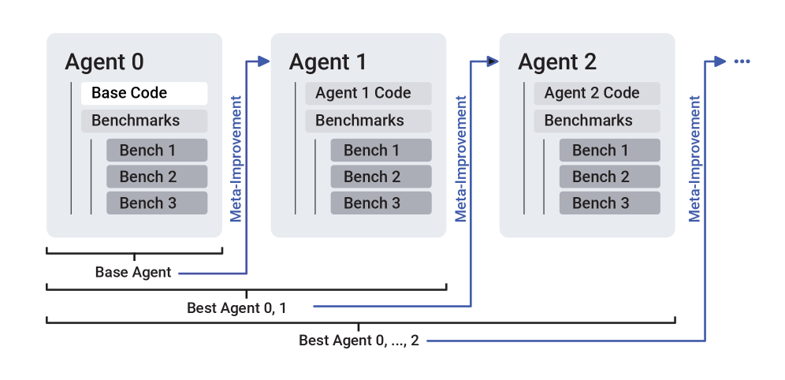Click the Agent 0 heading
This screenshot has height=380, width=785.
[104, 62]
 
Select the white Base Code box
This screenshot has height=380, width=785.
[144, 93]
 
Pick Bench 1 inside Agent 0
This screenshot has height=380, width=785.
[157, 150]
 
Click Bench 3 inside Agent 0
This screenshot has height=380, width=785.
[157, 203]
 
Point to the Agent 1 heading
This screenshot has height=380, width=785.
[328, 62]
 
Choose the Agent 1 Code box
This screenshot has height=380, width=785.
[368, 93]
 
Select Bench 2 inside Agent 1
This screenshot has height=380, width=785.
[381, 177]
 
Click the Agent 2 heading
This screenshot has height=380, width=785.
[557, 62]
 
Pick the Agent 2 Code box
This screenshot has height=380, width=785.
[597, 93]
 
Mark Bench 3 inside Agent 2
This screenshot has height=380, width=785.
[609, 203]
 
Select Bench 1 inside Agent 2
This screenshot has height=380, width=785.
[609, 150]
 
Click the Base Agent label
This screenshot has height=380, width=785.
[132, 273]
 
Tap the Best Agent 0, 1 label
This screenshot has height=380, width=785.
[236, 307]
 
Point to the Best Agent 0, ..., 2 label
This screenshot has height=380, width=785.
[359, 341]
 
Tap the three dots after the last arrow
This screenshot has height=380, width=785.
[742, 61]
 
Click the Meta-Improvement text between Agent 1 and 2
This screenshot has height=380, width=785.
[462, 158]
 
